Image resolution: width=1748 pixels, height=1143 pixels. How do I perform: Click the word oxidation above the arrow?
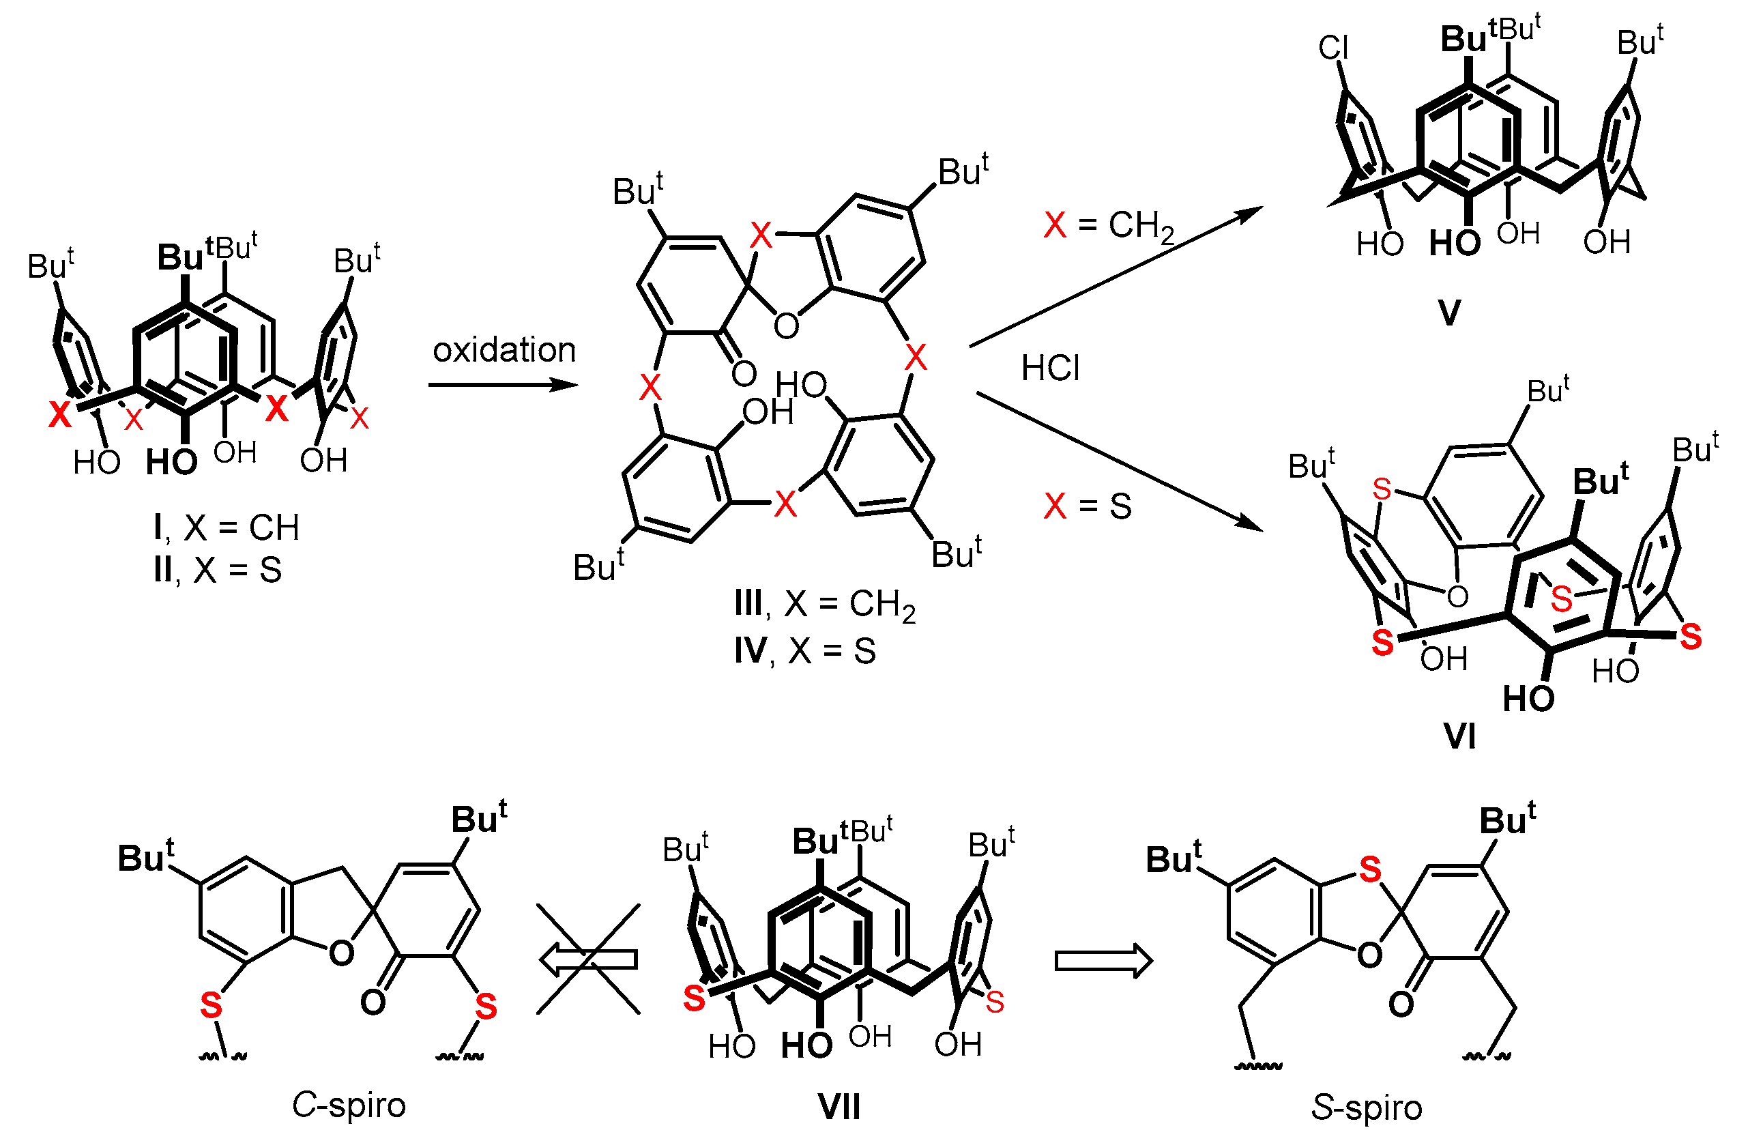click(504, 350)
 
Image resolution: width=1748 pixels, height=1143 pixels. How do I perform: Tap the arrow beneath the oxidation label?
click(502, 384)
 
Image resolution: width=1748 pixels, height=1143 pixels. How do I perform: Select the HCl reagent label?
click(1050, 368)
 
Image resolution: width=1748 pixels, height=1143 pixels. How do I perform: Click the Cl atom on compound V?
click(1333, 48)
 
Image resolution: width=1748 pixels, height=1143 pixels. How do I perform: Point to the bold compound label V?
click(1449, 313)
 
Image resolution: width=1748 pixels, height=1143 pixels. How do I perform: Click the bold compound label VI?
click(1459, 736)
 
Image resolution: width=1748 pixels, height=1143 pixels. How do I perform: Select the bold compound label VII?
click(839, 1106)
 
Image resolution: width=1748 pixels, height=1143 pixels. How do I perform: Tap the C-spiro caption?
click(349, 1105)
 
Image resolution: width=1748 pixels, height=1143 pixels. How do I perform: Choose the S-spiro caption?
click(1367, 1108)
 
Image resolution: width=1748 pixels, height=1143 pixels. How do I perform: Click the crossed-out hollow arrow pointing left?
click(587, 959)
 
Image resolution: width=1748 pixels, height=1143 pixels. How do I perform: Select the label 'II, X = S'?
click(218, 570)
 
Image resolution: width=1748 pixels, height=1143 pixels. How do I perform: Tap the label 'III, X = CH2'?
click(825, 605)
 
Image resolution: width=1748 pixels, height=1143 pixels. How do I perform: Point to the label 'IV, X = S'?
click(805, 651)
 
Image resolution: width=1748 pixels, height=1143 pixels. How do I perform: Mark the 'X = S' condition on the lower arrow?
click(1088, 506)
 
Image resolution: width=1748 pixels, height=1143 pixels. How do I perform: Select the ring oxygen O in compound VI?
click(1457, 596)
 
